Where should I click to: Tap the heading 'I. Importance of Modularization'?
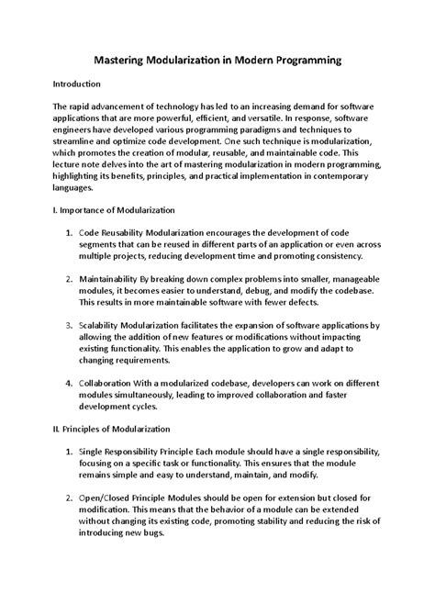coord(123,210)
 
